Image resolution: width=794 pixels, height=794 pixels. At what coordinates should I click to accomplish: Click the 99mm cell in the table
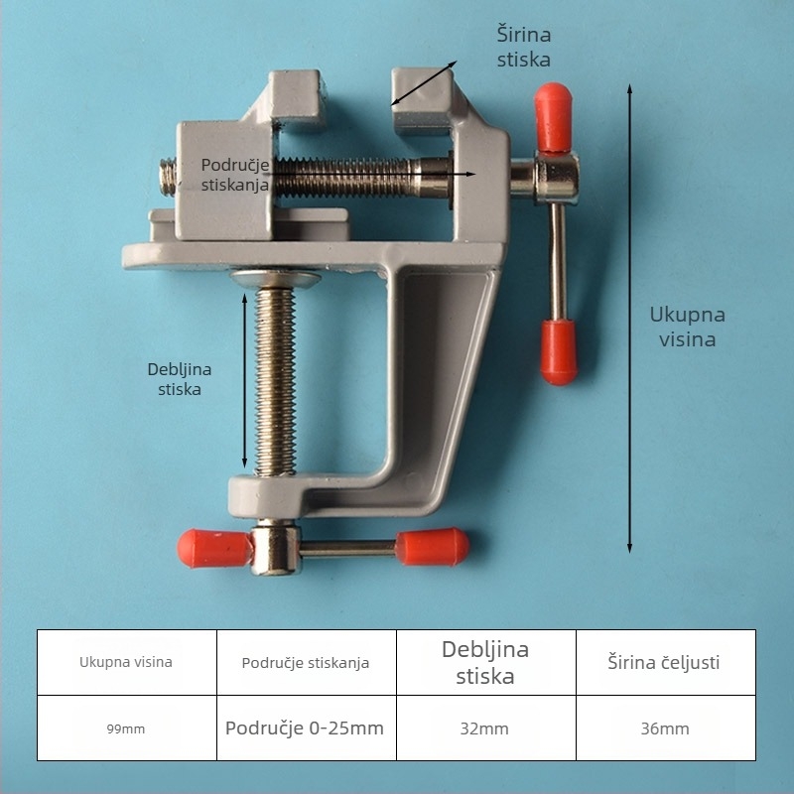coord(126,728)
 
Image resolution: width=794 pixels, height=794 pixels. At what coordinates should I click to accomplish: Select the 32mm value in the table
coord(484,728)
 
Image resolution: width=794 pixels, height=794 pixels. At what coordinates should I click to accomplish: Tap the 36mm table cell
coord(665,728)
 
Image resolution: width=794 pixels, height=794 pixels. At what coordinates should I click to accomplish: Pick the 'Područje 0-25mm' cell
coord(305,728)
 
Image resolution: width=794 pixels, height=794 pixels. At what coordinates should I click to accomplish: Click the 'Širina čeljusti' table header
coord(664,662)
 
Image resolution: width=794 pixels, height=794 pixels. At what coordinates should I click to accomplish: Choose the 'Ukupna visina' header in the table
coord(126,662)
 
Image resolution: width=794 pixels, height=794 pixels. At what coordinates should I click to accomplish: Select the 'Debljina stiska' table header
coord(485,663)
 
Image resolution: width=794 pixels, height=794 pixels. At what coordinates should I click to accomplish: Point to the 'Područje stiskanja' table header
coord(306,662)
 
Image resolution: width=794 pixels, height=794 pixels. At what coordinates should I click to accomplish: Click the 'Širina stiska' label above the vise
coord(523,47)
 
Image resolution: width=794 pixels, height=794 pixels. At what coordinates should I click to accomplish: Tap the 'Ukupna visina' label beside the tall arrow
coord(687,327)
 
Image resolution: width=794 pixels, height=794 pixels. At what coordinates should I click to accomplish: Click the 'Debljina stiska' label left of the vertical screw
coord(180,379)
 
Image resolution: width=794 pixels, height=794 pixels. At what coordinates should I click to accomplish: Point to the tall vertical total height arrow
coord(629,318)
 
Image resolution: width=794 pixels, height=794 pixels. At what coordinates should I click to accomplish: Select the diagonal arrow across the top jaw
coord(424,82)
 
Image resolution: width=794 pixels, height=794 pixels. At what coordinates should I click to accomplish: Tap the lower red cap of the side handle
coord(561,350)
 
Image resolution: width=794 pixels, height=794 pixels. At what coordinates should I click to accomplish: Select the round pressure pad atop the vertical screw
coord(278,280)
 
